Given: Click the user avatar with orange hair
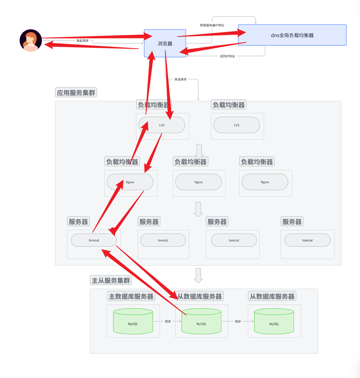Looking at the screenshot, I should pos(31,41).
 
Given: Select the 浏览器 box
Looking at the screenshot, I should pos(165,44).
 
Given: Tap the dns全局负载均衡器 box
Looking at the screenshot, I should pos(292,35).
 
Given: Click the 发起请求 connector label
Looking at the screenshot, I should pos(82,41).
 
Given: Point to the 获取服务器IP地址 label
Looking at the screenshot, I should pos(212,25).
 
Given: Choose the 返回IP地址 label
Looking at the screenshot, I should pos(227,56).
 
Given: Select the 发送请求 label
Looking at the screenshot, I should pos(180,79).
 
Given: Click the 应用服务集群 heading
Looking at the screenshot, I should pos(76,93).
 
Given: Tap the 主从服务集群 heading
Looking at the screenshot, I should pos(111,280).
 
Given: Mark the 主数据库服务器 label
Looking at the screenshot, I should pos(131,296).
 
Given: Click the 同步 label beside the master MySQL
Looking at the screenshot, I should pos(168,322).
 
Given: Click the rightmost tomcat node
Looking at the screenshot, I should pos(307,240).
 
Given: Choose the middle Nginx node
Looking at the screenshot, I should pos(198,182).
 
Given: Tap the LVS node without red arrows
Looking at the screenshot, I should pos(236,125).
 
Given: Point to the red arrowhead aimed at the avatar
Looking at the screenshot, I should pos(49,45).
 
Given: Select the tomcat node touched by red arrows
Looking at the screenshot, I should pos(94,240).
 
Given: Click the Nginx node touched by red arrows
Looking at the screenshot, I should pos(130,182).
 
